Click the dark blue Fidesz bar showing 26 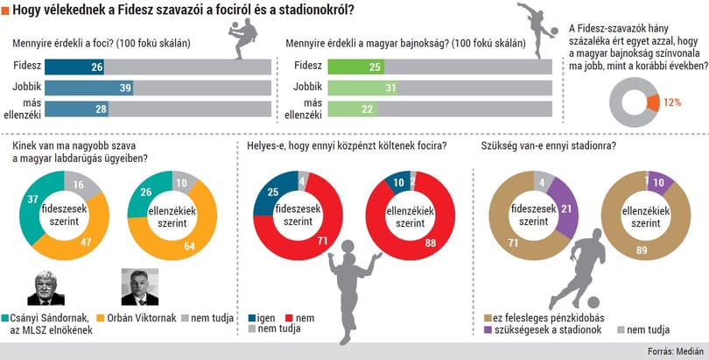click(x=74, y=67)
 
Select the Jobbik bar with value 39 click(x=88, y=88)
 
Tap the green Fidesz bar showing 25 click(x=356, y=67)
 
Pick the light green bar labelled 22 click(x=353, y=109)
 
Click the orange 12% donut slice click(x=653, y=103)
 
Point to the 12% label click(x=672, y=102)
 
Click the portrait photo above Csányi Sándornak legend click(x=46, y=287)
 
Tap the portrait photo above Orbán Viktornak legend click(x=140, y=287)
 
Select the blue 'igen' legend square click(x=252, y=318)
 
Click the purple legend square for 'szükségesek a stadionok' click(x=488, y=329)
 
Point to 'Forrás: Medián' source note click(x=676, y=352)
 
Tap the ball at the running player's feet click(x=593, y=302)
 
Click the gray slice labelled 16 click(x=81, y=183)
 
